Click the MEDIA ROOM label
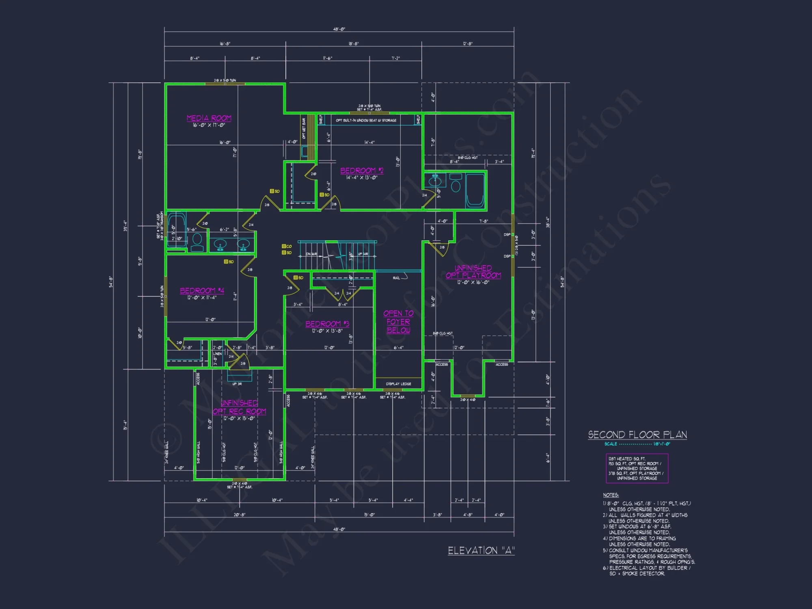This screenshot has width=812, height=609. [x=209, y=118]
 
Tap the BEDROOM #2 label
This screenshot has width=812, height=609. [x=361, y=171]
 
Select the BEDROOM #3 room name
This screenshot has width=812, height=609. [x=327, y=324]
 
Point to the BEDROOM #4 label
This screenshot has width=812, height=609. [x=202, y=291]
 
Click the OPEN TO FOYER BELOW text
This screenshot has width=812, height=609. [x=398, y=322]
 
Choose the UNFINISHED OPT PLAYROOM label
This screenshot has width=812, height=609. [x=473, y=272]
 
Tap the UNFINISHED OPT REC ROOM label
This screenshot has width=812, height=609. [x=239, y=407]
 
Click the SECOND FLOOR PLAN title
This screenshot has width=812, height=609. [x=637, y=435]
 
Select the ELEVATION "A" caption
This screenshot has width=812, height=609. [x=481, y=551]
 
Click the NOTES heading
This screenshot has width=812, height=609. [x=611, y=495]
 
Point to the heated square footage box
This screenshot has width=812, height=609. [x=637, y=468]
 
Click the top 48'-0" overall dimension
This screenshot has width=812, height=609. [x=339, y=29]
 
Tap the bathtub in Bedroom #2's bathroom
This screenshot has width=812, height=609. [x=475, y=190]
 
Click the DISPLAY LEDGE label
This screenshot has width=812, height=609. [x=398, y=384]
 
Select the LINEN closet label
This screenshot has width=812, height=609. [x=218, y=354]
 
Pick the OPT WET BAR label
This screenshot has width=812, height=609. [x=304, y=129]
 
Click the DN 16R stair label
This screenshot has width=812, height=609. [x=311, y=254]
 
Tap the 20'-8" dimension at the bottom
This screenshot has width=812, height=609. [x=240, y=514]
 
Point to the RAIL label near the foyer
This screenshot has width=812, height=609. [x=396, y=278]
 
